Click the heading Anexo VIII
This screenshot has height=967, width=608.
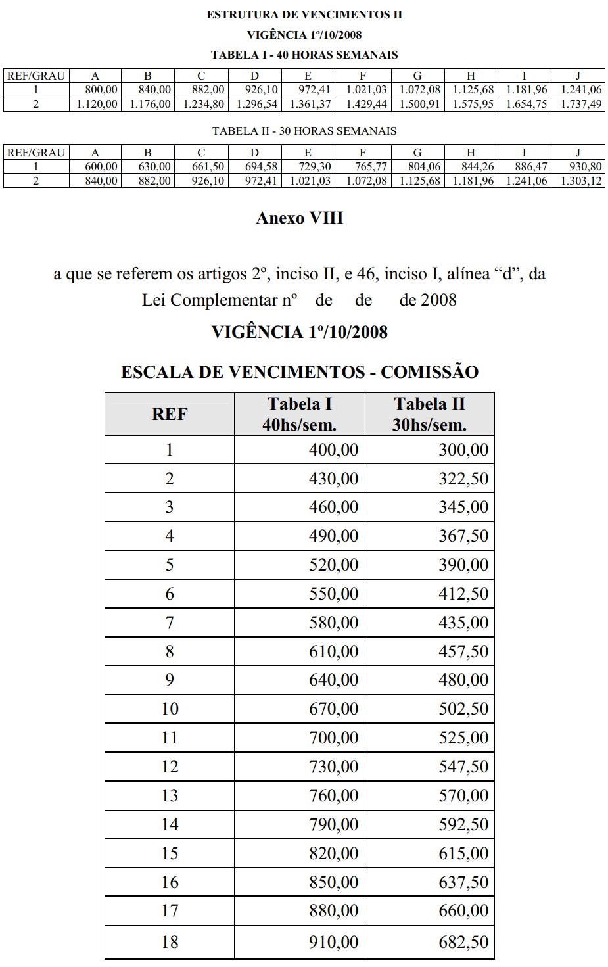300,218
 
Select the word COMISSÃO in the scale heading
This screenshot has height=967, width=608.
429,372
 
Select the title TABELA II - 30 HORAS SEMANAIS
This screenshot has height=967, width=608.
304,131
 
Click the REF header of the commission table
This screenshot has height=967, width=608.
170,414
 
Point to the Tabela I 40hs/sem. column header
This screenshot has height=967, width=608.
299,414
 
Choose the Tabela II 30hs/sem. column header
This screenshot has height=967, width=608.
429,414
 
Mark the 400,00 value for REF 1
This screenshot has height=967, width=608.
333,450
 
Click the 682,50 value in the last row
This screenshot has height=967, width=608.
463,942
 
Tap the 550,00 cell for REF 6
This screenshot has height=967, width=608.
333,594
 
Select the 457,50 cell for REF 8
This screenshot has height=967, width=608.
463,651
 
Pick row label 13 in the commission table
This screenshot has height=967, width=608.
170,795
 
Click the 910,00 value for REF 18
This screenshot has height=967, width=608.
333,942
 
